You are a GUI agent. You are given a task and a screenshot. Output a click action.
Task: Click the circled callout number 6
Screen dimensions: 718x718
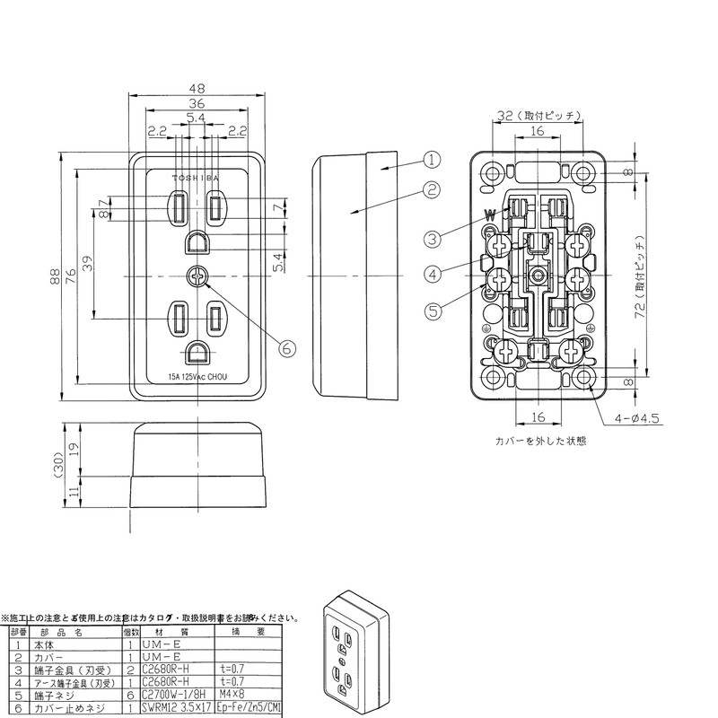pyautogui.click(x=286, y=347)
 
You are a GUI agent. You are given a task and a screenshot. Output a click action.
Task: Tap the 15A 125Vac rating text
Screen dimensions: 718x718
pyautogui.click(x=197, y=378)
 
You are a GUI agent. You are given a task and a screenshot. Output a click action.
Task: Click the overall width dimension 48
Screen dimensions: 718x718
pyautogui.click(x=197, y=89)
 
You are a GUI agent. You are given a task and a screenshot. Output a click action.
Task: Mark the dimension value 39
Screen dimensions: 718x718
pyautogui.click(x=88, y=265)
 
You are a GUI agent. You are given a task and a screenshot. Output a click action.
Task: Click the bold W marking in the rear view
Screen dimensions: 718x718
pyautogui.click(x=489, y=215)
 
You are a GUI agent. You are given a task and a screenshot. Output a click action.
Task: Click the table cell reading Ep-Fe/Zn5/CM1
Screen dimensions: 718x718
pyautogui.click(x=250, y=708)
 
